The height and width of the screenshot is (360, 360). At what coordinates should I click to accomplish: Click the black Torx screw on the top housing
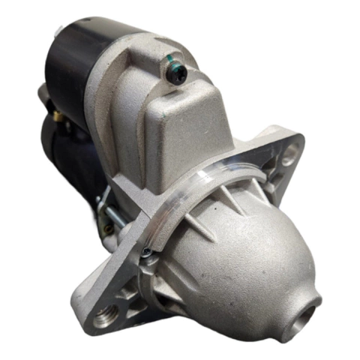coord(177,73)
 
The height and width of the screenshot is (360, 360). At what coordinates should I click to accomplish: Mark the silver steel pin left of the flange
coord(113,218)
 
